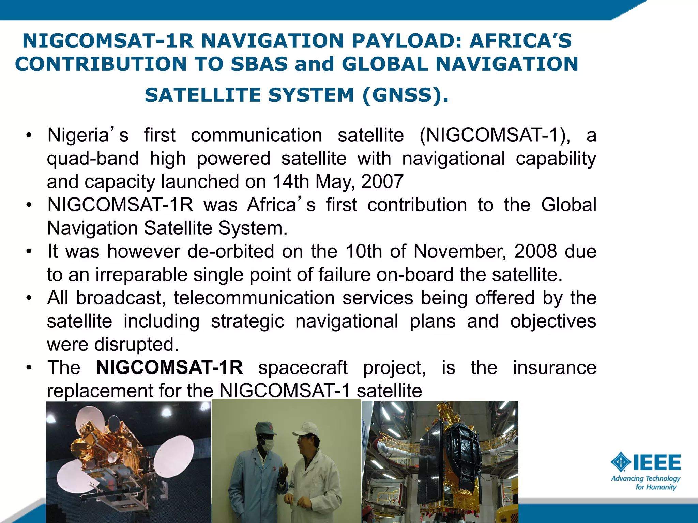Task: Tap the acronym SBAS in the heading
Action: pyautogui.click(x=259, y=64)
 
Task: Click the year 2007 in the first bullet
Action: pyautogui.click(x=382, y=181)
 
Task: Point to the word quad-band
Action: pyautogui.click(x=93, y=159)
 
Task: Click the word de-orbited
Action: pyautogui.click(x=231, y=252)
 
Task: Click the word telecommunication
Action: pyautogui.click(x=254, y=298)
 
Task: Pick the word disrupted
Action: pyautogui.click(x=136, y=344)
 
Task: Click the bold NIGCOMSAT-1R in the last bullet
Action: pyautogui.click(x=169, y=367)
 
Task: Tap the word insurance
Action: pyautogui.click(x=555, y=367)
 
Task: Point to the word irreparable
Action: pyautogui.click(x=141, y=275)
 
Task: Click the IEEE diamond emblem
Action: pyautogui.click(x=621, y=462)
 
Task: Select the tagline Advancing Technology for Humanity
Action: pyautogui.click(x=646, y=482)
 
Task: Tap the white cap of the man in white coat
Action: pyautogui.click(x=306, y=428)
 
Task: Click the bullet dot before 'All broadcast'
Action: pyautogui.click(x=29, y=298)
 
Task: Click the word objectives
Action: pyautogui.click(x=553, y=321)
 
